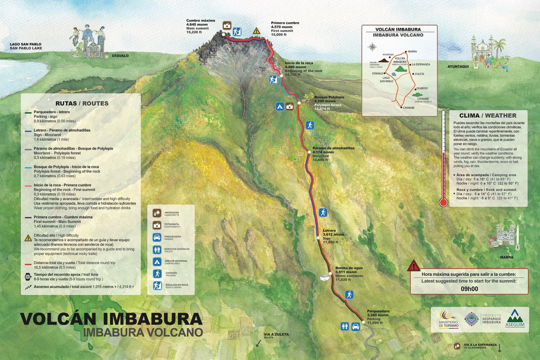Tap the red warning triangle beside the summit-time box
point(413,265)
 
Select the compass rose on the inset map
point(373,46)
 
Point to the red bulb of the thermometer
point(443,202)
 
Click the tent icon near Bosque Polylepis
point(279,107)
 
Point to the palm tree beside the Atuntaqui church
point(499,46)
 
